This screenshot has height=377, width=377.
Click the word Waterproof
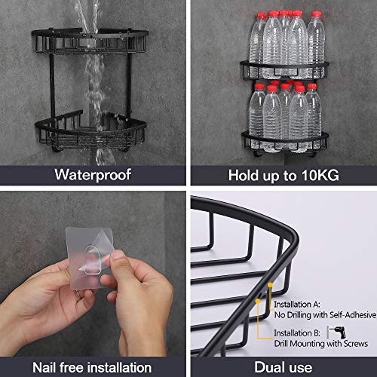click(x=93, y=174)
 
